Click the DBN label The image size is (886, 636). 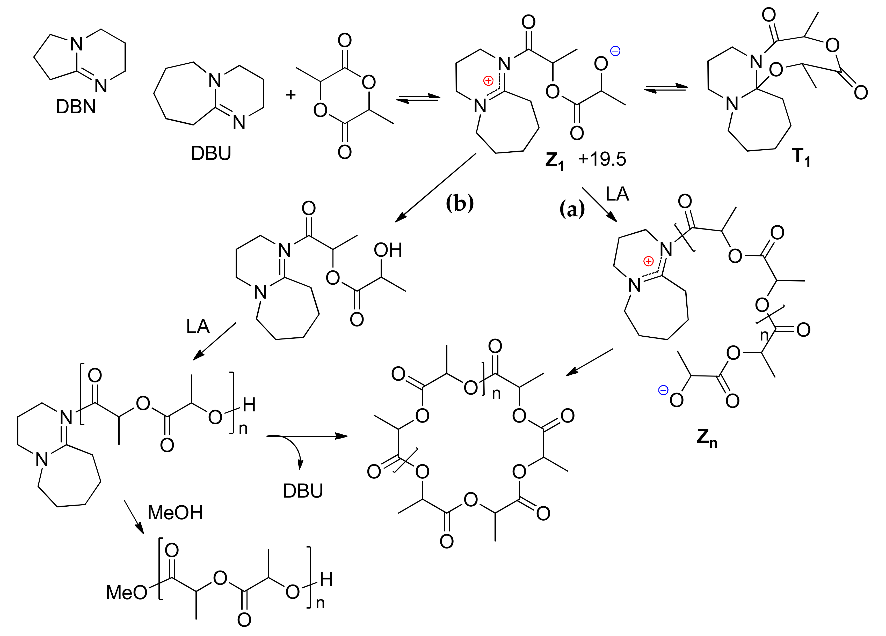point(76,107)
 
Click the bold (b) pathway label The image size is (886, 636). point(460,203)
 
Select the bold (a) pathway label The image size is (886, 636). point(572,209)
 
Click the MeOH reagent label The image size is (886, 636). point(175,513)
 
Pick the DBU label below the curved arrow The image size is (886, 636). point(303,491)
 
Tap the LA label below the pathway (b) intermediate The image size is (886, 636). point(198,326)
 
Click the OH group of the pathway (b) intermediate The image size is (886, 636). point(388,250)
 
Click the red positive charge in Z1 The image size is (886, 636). point(488,81)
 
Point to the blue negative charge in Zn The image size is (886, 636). point(663,390)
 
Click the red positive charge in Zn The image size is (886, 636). point(649,261)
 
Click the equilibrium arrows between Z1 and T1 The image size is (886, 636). point(665,89)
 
